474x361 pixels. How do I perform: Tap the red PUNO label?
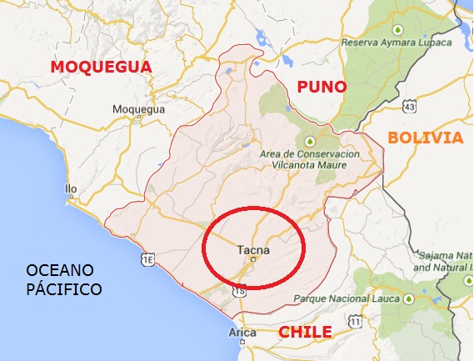(320, 87)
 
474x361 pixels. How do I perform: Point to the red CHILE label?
(305, 332)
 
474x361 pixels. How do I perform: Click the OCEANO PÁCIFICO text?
(63, 280)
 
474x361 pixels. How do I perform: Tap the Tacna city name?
(252, 247)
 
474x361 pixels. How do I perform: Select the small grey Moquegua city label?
(135, 108)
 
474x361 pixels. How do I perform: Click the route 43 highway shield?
(408, 106)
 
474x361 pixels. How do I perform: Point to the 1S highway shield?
(239, 291)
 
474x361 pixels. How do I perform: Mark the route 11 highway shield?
(356, 321)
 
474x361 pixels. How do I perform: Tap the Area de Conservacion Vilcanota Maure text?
(311, 160)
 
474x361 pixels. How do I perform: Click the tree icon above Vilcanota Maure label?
(311, 140)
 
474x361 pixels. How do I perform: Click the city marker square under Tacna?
(253, 259)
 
